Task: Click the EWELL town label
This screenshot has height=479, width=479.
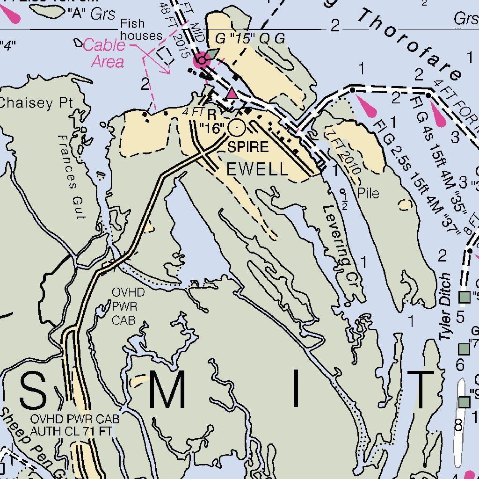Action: (x=257, y=169)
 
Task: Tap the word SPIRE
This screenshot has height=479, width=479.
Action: (x=248, y=147)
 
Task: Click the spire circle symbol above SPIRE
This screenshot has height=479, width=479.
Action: (x=237, y=127)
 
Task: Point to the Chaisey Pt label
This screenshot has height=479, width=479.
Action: (x=36, y=103)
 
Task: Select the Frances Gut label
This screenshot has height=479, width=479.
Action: (x=73, y=176)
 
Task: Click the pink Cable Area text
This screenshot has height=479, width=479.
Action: (x=106, y=53)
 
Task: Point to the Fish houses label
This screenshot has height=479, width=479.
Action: (x=141, y=29)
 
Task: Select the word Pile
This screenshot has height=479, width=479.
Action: (x=368, y=193)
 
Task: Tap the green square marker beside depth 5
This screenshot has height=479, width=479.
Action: (x=464, y=297)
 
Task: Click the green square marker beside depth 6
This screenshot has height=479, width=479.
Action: (x=464, y=348)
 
